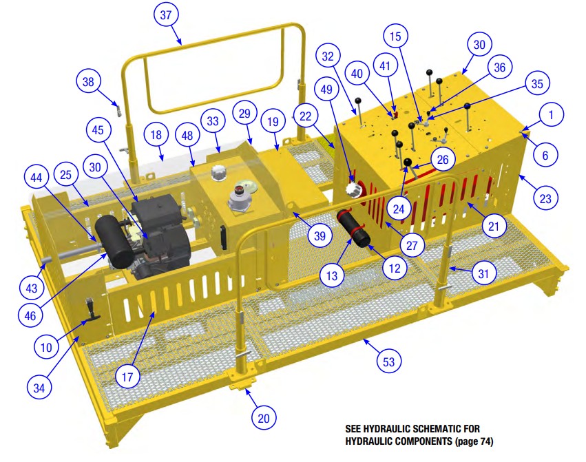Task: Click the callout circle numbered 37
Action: point(166,15)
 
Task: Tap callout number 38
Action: point(88,81)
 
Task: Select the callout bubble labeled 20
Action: point(264,418)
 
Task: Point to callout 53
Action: point(388,362)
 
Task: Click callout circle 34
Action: point(39,388)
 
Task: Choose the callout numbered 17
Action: point(127,377)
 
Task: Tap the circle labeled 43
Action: point(32,288)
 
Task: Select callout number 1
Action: point(551,115)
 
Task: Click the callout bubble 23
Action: point(545,198)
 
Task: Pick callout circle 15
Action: point(395,36)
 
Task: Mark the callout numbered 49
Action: point(326,90)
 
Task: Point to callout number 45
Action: point(98,129)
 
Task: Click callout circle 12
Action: point(395,269)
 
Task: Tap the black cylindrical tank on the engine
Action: point(114,242)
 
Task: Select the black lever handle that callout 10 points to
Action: point(91,310)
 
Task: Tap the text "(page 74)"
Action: point(474,441)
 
